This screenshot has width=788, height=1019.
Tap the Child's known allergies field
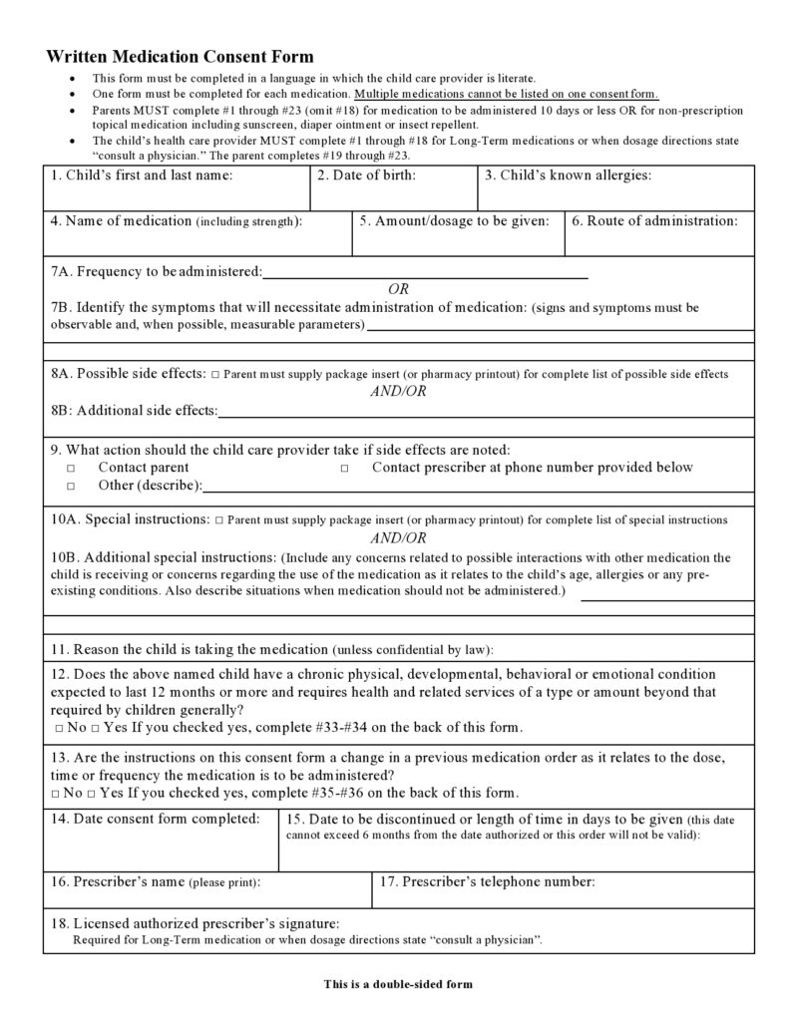click(x=614, y=194)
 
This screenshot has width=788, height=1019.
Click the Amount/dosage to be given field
click(x=458, y=239)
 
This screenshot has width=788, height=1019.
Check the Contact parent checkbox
click(x=72, y=468)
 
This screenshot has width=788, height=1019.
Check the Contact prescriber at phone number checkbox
click(x=345, y=468)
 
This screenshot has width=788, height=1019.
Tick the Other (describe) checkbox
click(x=72, y=487)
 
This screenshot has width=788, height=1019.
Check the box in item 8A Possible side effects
click(x=215, y=375)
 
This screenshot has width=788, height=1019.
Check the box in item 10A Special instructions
click(x=218, y=520)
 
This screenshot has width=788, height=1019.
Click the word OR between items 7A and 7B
click(x=398, y=289)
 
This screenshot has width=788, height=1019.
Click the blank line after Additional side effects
click(x=485, y=411)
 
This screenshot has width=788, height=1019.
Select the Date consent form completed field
click(x=160, y=844)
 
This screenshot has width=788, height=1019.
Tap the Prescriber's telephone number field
click(x=563, y=894)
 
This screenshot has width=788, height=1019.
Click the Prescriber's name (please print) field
click(x=206, y=894)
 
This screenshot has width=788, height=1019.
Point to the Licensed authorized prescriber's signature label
click(x=196, y=923)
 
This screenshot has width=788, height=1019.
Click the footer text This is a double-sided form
click(x=397, y=984)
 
